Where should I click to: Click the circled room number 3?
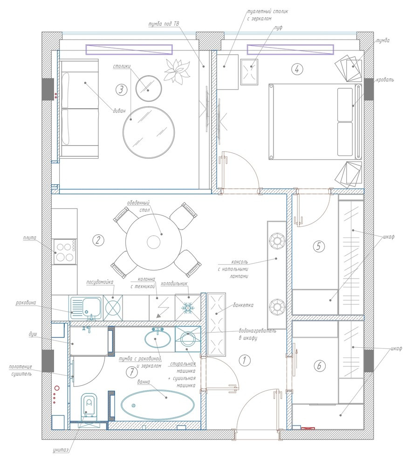tap(121, 90)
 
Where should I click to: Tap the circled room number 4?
tap(297, 69)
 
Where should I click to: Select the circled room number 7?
tap(132, 372)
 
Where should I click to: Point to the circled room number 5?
tap(319, 246)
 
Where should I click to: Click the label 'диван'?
tap(119, 111)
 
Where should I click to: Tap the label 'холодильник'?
tap(174, 284)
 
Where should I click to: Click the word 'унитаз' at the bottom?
tap(61, 450)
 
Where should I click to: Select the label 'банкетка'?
tap(243, 305)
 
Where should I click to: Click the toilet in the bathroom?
tap(89, 406)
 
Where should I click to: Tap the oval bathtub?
tap(158, 405)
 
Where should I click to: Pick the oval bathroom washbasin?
tap(158, 339)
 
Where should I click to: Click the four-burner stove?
tap(65, 252)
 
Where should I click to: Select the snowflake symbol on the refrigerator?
tap(187, 308)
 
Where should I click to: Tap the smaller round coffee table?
tap(149, 88)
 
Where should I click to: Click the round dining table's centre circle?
tap(154, 243)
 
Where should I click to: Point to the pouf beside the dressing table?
tap(249, 72)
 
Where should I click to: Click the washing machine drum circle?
tap(187, 339)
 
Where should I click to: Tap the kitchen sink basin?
tap(92, 307)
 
